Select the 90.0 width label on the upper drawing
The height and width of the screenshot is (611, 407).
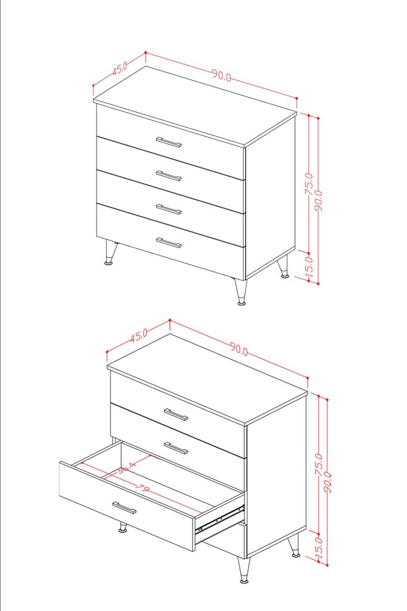tap(221, 75)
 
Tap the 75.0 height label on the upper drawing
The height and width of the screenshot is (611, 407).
tap(308, 184)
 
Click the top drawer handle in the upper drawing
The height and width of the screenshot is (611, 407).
tap(169, 142)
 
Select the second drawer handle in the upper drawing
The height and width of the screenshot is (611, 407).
tap(169, 175)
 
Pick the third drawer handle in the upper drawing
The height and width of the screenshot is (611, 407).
tap(169, 209)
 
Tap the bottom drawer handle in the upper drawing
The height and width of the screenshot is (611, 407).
tap(169, 242)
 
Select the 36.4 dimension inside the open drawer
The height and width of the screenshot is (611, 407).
tap(126, 467)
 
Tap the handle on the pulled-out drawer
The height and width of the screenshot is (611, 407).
tap(124, 508)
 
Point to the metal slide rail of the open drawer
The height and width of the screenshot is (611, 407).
tap(220, 518)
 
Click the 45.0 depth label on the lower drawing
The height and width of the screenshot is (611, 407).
tap(138, 335)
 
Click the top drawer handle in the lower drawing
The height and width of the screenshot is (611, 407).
tap(176, 414)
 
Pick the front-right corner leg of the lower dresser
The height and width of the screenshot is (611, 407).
tap(244, 570)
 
